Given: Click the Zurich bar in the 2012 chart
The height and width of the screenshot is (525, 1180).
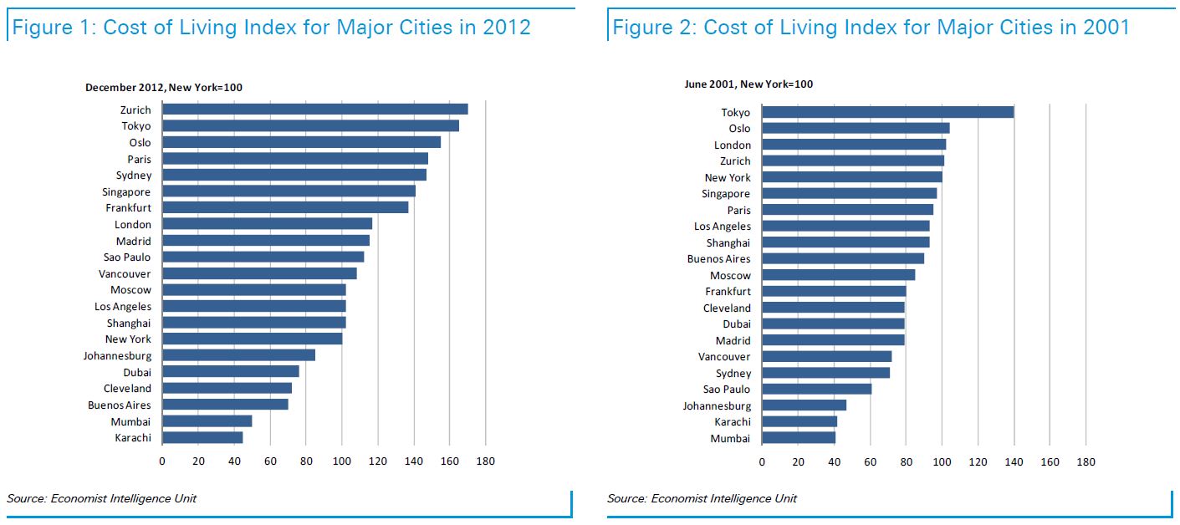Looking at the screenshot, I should (314, 110).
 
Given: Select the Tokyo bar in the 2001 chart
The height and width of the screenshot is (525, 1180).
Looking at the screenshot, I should (887, 112).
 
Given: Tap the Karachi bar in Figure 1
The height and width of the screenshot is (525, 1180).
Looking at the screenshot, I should (202, 437).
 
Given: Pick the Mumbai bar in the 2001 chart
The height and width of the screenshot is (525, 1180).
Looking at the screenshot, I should (799, 438).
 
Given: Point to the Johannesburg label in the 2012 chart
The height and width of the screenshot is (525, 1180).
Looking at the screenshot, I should (117, 356).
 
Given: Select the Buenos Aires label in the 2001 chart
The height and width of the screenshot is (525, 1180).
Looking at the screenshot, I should (718, 259).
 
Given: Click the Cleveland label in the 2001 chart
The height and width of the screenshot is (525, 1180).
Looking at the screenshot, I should (727, 308).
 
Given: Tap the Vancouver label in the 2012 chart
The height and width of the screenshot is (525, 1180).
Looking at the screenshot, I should (125, 274).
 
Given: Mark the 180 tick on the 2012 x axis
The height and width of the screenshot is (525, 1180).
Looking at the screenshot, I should (486, 461).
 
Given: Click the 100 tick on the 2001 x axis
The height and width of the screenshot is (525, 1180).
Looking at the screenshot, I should (942, 462).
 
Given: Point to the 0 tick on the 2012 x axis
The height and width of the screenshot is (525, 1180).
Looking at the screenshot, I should (162, 461).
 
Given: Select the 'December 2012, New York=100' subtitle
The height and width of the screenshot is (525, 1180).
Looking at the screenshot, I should (164, 88).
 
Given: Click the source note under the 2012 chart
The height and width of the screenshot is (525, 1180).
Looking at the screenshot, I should (102, 499).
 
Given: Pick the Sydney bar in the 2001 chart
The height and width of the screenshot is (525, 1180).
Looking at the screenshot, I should (825, 373).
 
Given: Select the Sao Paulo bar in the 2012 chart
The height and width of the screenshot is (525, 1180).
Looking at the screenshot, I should (263, 257).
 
